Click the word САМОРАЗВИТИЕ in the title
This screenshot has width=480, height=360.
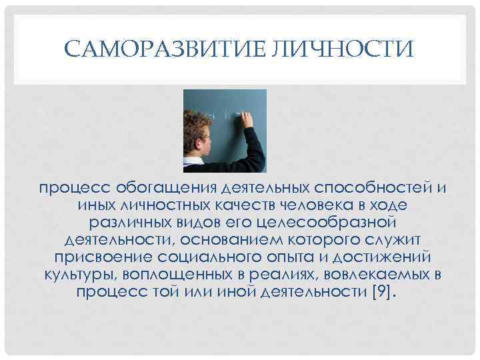(x=164, y=49)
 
